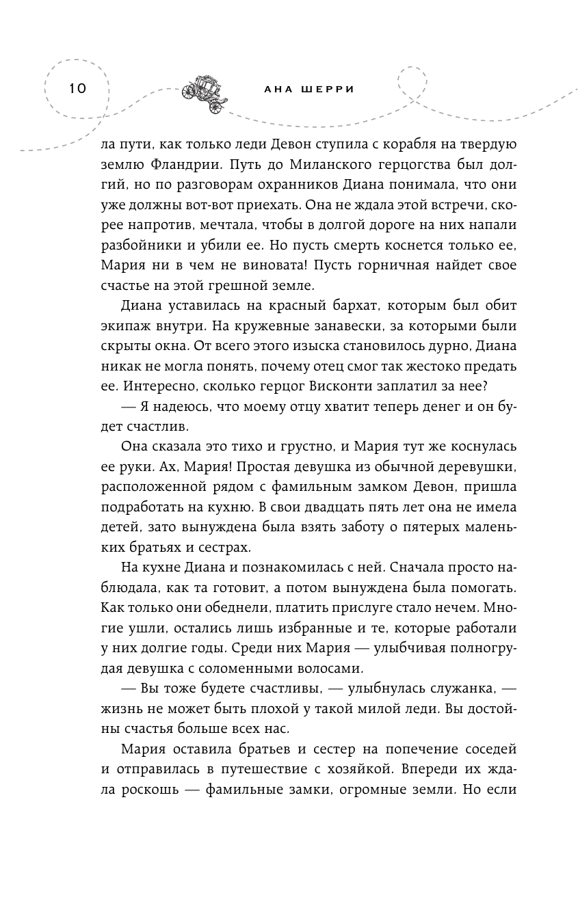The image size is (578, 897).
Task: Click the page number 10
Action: (77, 88)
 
